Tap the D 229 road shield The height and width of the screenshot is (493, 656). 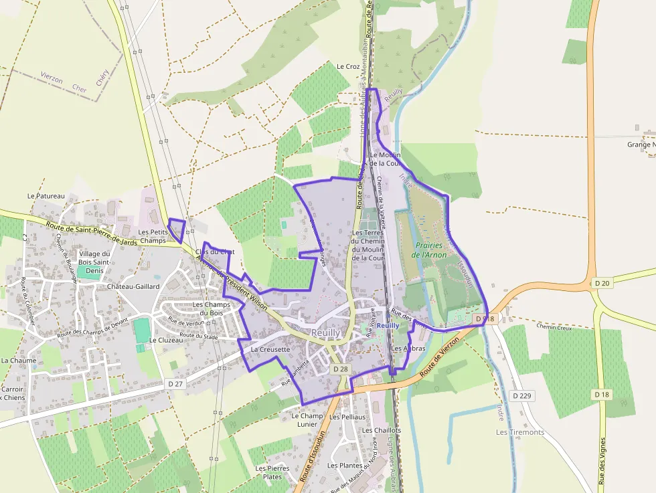pos(521,395)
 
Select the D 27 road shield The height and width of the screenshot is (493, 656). pos(175,384)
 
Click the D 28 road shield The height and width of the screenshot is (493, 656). pos(341,369)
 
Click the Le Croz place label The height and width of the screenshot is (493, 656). pos(348,66)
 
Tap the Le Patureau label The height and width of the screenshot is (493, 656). pos(46,196)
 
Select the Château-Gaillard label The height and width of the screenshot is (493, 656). pos(133,286)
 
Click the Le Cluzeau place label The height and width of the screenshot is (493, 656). pos(166,340)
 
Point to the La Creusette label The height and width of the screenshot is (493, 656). pos(270,349)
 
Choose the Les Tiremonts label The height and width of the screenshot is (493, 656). pos(520,432)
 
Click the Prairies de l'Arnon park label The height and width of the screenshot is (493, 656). pos(428,250)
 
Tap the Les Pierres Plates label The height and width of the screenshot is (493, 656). pos(272,472)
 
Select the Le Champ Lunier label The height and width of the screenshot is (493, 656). pos(307,419)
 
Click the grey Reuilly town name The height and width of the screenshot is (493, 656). pos(326,332)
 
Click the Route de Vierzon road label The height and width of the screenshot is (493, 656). pos(440,358)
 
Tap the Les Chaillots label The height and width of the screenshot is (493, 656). pos(382,430)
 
